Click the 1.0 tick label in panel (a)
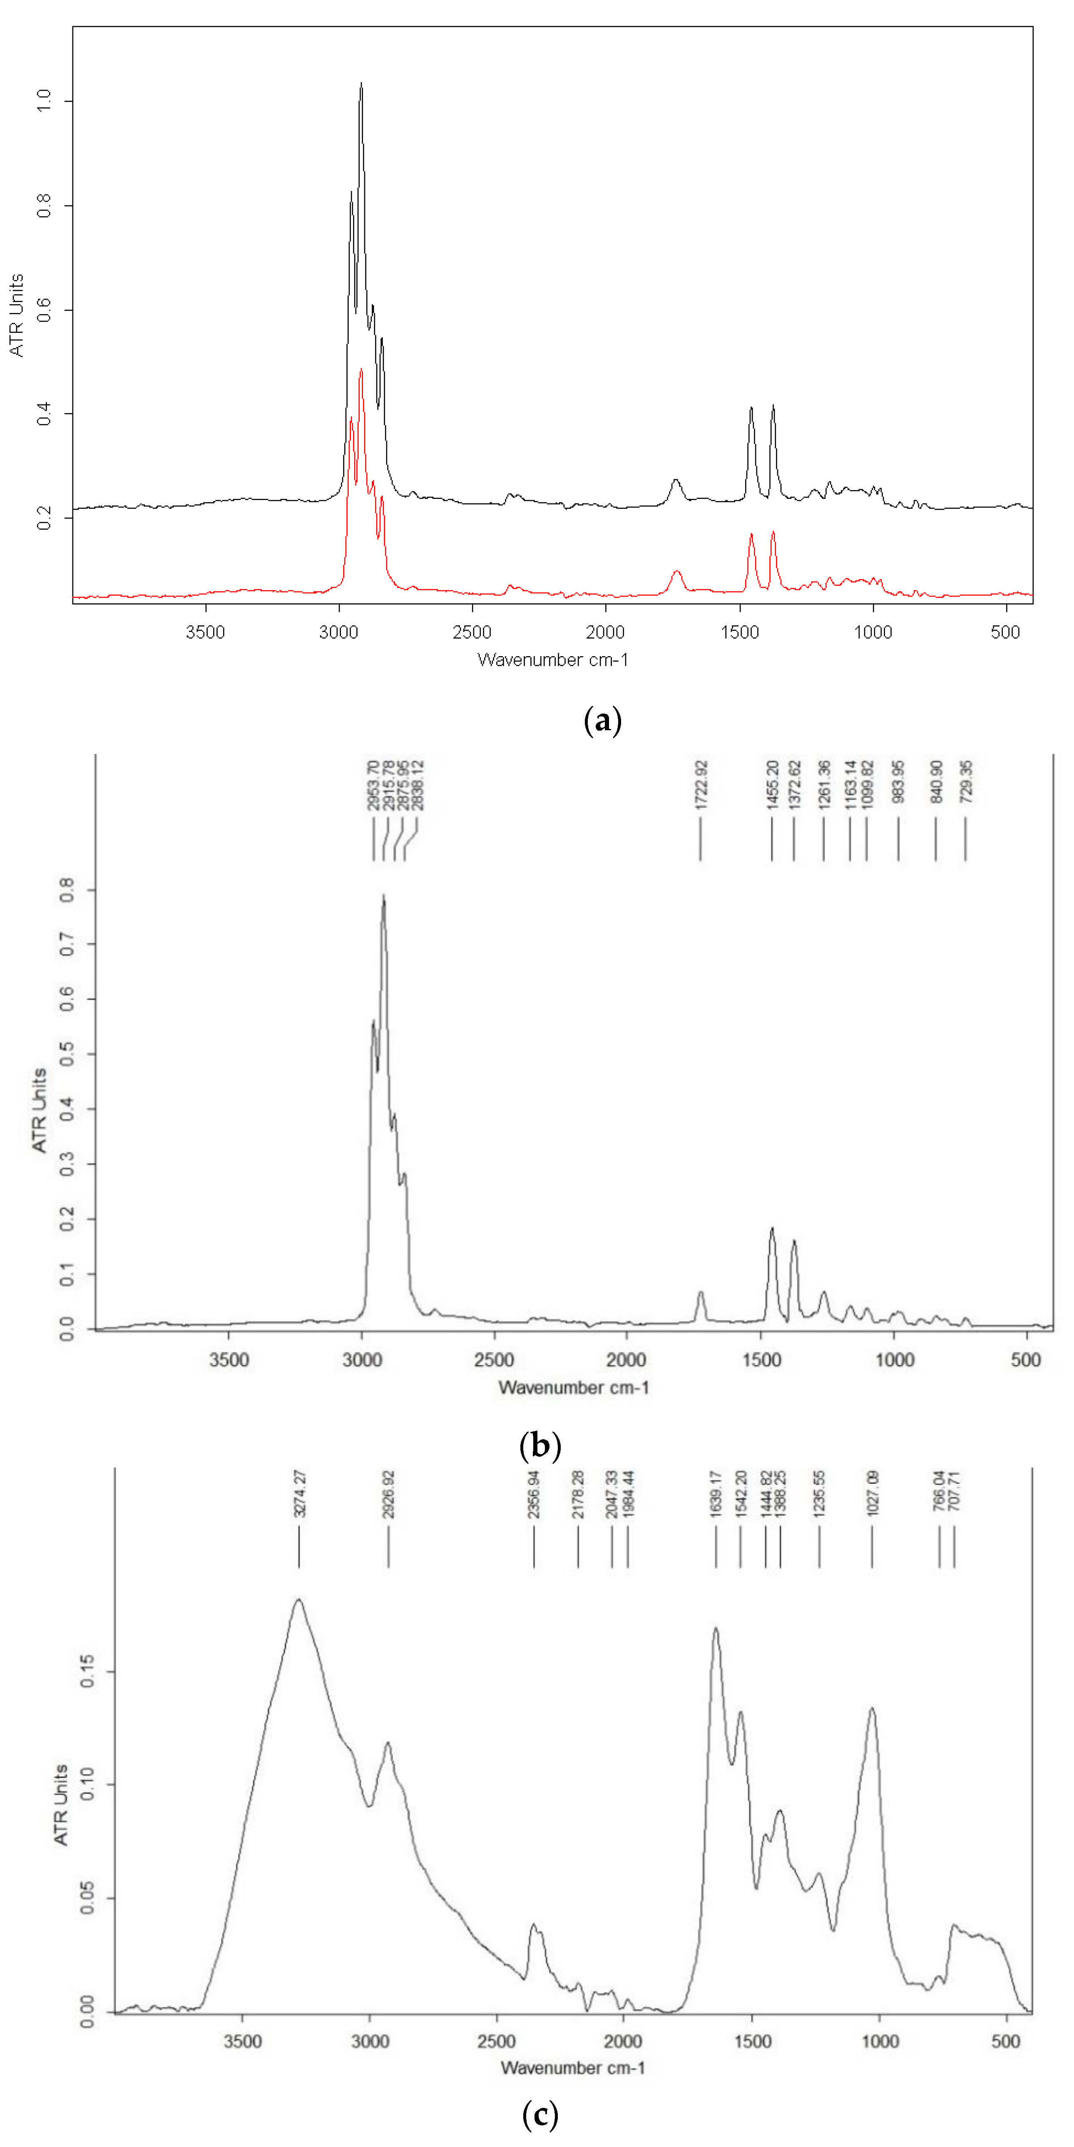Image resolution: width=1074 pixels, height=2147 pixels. pyautogui.click(x=43, y=101)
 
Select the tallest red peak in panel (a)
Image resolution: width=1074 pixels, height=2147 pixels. pyautogui.click(x=361, y=370)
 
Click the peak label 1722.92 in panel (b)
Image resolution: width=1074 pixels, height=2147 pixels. pyautogui.click(x=701, y=783)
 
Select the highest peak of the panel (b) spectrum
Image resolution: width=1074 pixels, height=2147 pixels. pyautogui.click(x=383, y=896)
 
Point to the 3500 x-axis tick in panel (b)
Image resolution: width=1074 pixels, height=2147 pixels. pyautogui.click(x=229, y=1360)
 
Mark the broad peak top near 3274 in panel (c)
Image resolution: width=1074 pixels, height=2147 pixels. pyautogui.click(x=298, y=1599)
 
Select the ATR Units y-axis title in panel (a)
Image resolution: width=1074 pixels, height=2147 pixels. pyautogui.click(x=16, y=315)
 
